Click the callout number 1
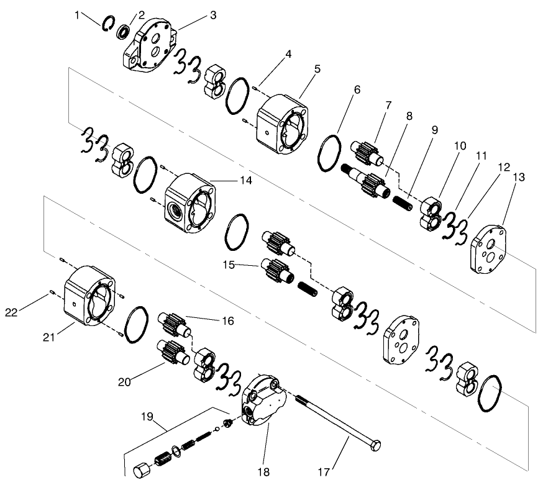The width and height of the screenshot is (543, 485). coord(77,14)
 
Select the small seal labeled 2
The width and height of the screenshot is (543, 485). coord(123,30)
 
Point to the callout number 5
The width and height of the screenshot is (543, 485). coord(317,69)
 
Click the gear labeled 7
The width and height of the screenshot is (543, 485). coord(367,151)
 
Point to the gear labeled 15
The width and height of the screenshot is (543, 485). coord(278,270)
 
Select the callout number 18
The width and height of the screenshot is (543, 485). coord(265,472)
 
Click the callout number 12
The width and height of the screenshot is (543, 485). coord(503,166)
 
